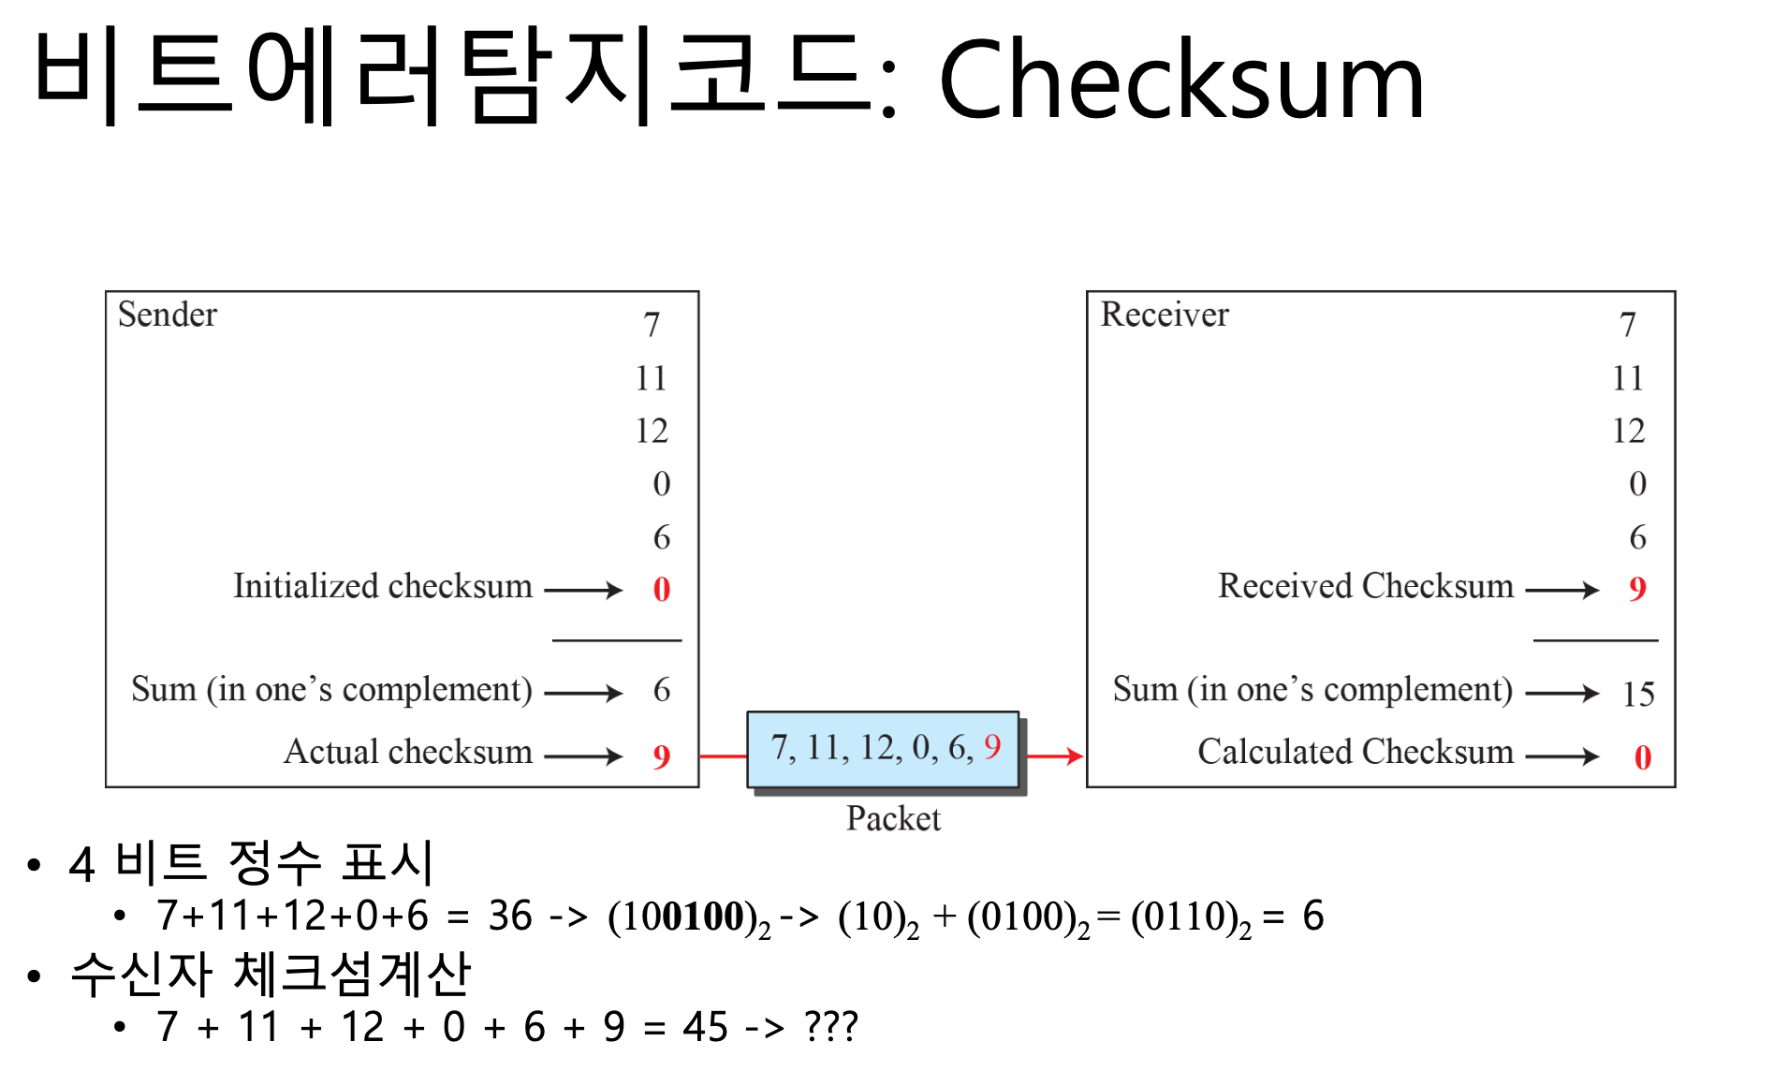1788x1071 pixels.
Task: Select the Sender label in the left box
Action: coord(167,315)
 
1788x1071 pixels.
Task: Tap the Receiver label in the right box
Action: coord(1164,315)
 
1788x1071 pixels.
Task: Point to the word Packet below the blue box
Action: coord(893,818)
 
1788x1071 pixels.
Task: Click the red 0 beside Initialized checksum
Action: coord(661,589)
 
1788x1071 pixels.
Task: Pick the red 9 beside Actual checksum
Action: coord(661,756)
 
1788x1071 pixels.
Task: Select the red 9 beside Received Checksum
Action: coord(1636,588)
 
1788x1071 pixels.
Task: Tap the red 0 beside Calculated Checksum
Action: coord(1642,756)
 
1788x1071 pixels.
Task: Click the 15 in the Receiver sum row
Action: coord(1638,694)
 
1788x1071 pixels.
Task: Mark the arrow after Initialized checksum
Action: coord(583,590)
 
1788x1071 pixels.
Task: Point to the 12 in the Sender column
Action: coord(652,431)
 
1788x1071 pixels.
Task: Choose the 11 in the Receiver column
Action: coord(1628,378)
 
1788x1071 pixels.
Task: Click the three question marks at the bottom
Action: coord(831,1027)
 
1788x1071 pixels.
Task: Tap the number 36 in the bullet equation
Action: coord(510,916)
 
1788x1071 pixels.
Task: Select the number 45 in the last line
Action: coord(705,1027)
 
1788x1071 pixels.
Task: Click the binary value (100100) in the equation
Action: coord(682,917)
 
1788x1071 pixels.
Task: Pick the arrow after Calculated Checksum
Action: coord(1561,756)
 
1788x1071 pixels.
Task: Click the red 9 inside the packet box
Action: coord(992,746)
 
